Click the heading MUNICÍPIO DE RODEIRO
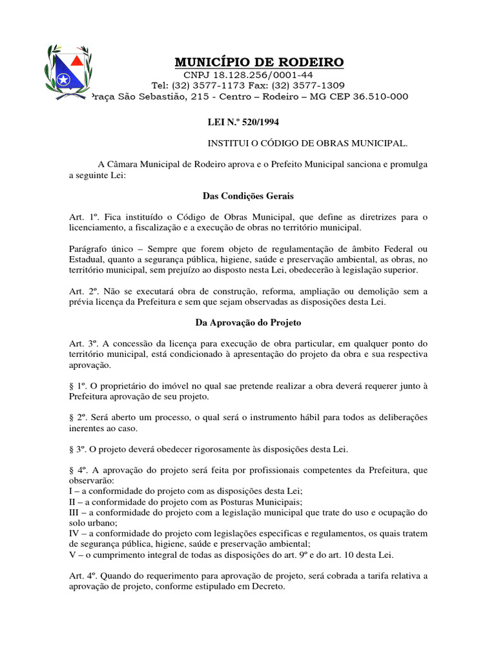point(259,62)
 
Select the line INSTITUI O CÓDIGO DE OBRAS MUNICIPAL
point(307,142)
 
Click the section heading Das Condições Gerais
point(248,195)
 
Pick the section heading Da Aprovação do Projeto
point(248,321)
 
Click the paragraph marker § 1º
point(77,385)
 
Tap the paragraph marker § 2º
point(77,418)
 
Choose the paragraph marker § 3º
point(77,449)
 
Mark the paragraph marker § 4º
point(77,470)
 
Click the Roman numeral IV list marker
point(74,533)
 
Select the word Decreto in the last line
point(269,587)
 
